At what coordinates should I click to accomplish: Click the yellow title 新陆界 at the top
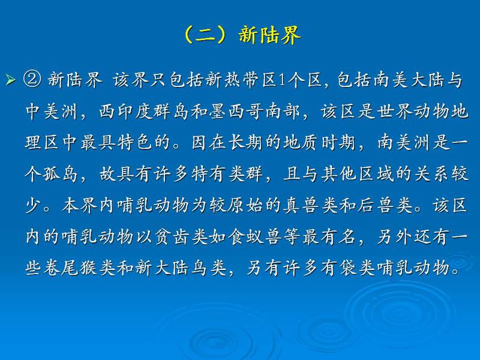pyautogui.click(x=269, y=35)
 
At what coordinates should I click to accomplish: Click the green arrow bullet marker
pyautogui.click(x=10, y=80)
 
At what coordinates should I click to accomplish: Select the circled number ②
pyautogui.click(x=32, y=80)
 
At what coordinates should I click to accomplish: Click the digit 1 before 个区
pyautogui.click(x=282, y=80)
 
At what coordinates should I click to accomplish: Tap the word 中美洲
pyautogui.click(x=51, y=111)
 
